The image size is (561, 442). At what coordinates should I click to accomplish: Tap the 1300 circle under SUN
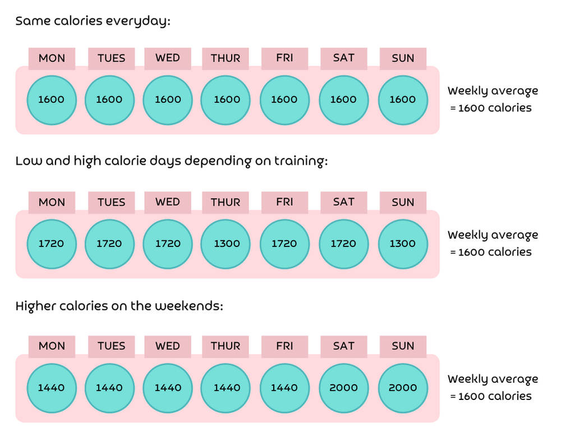pos(402,244)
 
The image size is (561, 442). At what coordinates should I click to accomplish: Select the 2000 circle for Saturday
pos(343,388)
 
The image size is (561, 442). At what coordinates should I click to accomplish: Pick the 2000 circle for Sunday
pos(402,388)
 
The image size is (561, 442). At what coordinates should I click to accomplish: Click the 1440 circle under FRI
pos(284,388)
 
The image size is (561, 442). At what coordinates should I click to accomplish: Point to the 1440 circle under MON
pos(52,388)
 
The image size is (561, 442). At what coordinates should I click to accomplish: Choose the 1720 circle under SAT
pos(343,244)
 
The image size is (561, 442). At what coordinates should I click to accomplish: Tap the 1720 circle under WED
pos(168,244)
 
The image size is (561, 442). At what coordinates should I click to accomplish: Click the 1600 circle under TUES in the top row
pos(109,100)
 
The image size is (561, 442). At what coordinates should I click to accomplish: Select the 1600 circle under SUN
pos(402,100)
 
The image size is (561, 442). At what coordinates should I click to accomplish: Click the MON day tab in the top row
pos(52,58)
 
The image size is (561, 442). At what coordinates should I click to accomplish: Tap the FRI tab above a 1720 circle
pos(284,202)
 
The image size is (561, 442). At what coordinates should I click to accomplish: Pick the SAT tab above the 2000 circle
pos(343,346)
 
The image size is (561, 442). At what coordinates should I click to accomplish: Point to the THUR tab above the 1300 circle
pos(226,202)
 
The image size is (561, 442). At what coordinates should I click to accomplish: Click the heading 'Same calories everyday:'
pos(93,21)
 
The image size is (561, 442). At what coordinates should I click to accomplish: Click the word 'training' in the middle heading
pos(299,162)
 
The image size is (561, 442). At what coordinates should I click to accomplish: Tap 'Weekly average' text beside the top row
pos(493,91)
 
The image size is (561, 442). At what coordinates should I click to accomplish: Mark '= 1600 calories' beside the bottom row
pos(490,396)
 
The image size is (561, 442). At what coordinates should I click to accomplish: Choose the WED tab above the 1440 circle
pos(168,346)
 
